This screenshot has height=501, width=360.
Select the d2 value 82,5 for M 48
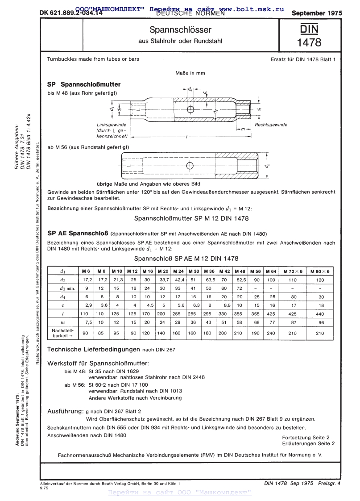click(240, 280)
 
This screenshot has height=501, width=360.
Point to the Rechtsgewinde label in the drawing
click(271, 125)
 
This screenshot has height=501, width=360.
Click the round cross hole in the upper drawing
click(190, 109)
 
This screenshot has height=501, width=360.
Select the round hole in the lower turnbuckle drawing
click(190, 166)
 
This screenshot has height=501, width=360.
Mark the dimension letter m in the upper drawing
click(242, 129)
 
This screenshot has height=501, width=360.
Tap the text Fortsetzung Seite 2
click(306, 437)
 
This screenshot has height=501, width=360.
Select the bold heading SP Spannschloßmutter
click(84, 83)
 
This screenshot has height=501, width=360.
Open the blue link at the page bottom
click(180, 493)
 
